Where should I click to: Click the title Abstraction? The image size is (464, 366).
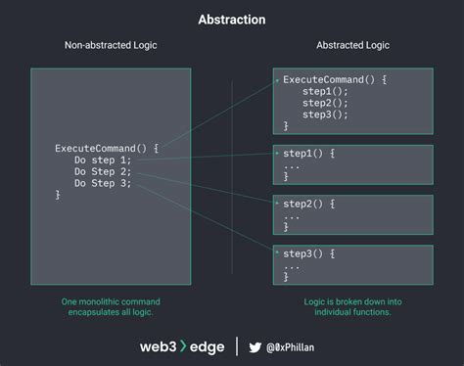(x=231, y=19)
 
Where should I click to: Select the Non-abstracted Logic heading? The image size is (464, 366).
(x=111, y=46)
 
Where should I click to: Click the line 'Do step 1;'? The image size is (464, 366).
(x=102, y=160)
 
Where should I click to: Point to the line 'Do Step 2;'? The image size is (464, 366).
(x=102, y=171)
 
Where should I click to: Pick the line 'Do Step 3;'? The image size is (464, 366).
(x=102, y=183)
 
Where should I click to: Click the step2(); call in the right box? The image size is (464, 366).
(x=325, y=102)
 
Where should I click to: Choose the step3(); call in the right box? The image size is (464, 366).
(x=325, y=114)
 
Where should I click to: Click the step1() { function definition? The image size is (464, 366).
(x=308, y=154)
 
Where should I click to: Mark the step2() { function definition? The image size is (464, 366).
(x=308, y=204)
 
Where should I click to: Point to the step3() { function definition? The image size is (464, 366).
(x=308, y=253)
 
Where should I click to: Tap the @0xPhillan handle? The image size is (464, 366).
(x=302, y=345)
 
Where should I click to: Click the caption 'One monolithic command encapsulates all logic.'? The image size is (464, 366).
(x=111, y=306)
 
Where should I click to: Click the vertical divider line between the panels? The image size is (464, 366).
(x=232, y=176)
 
